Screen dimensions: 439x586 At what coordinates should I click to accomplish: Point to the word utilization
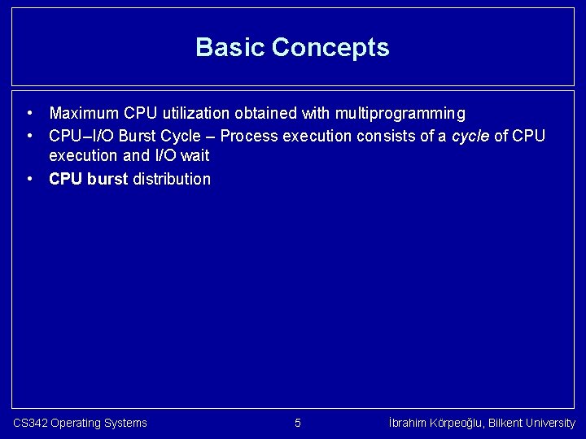(x=191, y=113)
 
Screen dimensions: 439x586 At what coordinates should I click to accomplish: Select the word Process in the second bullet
(x=247, y=135)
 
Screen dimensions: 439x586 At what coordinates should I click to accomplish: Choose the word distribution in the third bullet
(x=171, y=179)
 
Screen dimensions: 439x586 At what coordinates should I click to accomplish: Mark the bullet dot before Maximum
(x=28, y=113)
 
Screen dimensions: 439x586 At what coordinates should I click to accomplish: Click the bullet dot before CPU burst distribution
(x=28, y=179)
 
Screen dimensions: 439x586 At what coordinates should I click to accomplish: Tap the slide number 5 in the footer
(x=297, y=423)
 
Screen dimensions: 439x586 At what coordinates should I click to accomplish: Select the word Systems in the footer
(x=125, y=423)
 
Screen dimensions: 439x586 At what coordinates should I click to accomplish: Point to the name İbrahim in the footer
(x=409, y=423)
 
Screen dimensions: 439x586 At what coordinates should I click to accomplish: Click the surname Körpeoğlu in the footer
(x=461, y=423)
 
